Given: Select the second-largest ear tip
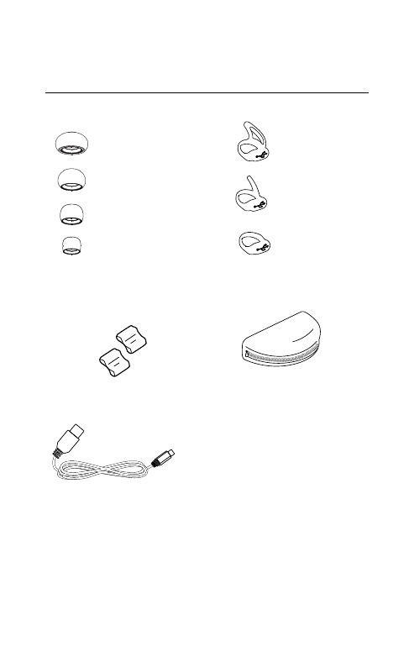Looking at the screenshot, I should click(71, 179).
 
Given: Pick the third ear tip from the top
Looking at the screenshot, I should click(71, 213).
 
